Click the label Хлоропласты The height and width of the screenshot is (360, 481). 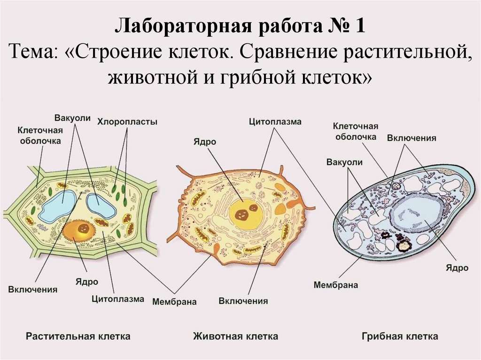127,122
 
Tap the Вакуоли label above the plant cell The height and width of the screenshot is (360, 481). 72,117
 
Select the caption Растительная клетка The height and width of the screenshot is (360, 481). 78,336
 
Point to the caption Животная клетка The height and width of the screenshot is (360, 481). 235,336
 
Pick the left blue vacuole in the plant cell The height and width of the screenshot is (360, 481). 57,206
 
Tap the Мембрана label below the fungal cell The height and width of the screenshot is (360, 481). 335,285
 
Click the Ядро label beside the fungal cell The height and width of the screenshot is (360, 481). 458,268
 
